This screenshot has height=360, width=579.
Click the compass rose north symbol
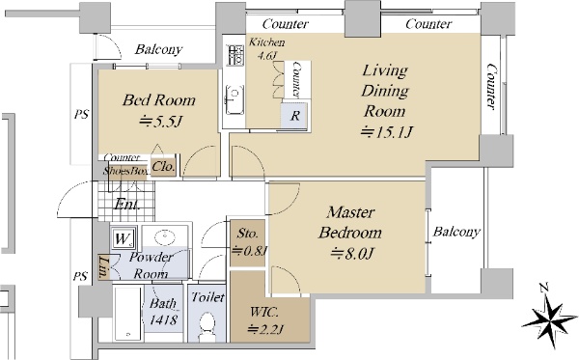tap(549, 317)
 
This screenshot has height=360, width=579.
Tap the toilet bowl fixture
tap(207, 326)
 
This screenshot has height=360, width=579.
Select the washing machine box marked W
tap(124, 237)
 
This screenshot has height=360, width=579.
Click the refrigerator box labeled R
tap(294, 116)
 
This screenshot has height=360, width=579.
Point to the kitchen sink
tap(234, 100)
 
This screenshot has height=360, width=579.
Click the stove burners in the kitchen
tap(234, 55)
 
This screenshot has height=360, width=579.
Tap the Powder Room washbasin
tap(165, 237)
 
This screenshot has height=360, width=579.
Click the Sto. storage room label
tap(247, 234)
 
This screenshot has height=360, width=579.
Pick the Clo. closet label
tap(163, 167)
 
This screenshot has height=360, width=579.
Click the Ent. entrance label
tap(126, 204)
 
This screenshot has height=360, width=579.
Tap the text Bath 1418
tap(164, 312)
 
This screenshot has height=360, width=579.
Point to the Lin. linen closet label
tap(103, 266)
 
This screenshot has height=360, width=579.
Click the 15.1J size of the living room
tap(386, 132)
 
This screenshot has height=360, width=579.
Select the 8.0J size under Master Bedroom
tap(352, 253)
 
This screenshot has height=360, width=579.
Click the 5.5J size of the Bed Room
tap(161, 121)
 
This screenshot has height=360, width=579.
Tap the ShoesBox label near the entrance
tap(126, 171)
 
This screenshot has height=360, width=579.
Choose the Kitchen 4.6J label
tap(266, 48)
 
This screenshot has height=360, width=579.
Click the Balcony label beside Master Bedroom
tap(456, 232)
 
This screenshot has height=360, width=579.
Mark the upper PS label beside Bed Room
tap(81, 114)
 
